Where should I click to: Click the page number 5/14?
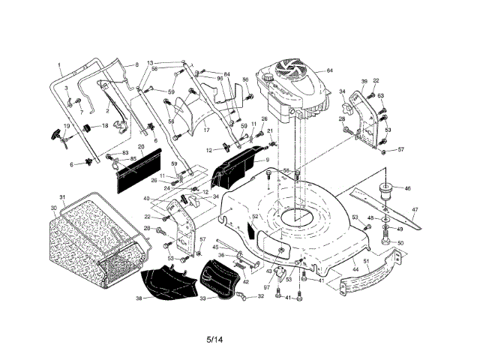pos(214,339)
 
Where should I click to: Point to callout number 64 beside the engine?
pos(329,70)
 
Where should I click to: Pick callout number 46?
pos(407,188)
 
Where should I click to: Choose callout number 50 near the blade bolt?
pos(400,243)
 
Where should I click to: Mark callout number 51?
pos(366,261)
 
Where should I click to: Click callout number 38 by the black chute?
pos(139,298)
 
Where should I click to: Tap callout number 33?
pos(202,298)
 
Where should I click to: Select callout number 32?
pos(260,296)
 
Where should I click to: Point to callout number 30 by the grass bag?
pos(53,207)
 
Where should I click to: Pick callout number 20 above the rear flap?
pos(140,146)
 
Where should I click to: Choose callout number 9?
pos(266,160)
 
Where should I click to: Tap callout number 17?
pos(205,129)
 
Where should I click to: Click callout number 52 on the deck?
pos(255,217)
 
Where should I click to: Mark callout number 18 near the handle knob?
pos(105,125)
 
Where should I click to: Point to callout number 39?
pos(364,81)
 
